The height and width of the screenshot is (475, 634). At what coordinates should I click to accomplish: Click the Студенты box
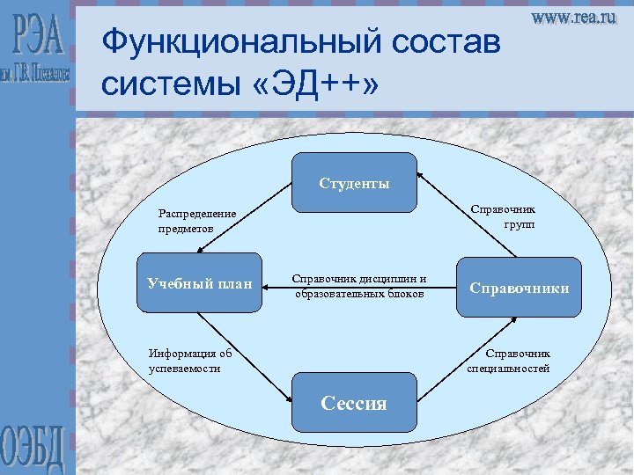point(353,183)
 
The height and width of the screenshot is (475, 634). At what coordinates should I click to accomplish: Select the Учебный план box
point(200,285)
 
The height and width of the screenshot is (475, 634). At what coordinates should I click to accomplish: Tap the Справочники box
point(519,287)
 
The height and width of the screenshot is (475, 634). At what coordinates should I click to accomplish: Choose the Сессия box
point(353,403)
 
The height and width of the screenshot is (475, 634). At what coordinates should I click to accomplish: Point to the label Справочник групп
point(505,216)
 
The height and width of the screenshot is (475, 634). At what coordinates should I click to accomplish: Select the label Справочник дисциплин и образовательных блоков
point(359,286)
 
